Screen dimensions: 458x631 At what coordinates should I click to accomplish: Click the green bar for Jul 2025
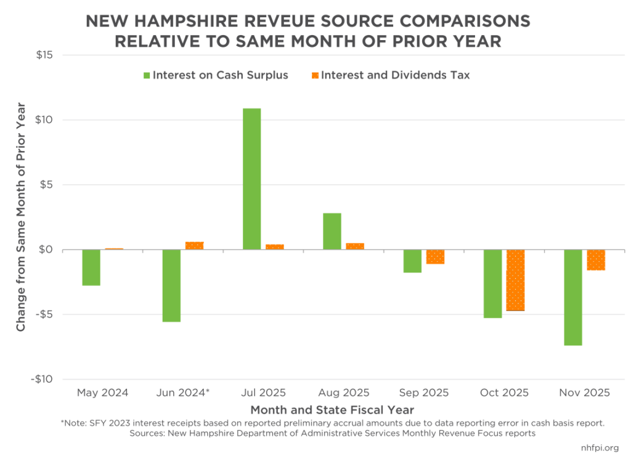pos(251,179)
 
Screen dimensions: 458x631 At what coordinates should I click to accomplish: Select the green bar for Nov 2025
pos(573,297)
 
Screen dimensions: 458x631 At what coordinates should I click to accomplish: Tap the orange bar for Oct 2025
pos(516,280)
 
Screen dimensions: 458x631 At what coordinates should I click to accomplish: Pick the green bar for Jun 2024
pos(171,285)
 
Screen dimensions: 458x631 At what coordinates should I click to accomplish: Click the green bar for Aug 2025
pos(332,231)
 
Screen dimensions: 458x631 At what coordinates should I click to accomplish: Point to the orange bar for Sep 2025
pos(435,256)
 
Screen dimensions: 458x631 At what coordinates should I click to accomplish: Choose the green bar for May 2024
pos(91,268)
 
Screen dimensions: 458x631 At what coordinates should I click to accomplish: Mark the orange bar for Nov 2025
pos(596,260)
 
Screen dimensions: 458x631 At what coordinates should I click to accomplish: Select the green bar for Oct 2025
pos(492,284)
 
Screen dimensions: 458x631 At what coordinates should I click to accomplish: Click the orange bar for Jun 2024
pos(195,245)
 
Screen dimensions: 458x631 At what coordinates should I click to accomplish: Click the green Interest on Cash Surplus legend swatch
pos(146,75)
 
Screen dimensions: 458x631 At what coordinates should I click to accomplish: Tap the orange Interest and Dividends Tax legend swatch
pos(315,75)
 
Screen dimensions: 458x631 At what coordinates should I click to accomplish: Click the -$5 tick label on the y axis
pos(43,314)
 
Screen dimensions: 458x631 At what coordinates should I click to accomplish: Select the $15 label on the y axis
pos(44,55)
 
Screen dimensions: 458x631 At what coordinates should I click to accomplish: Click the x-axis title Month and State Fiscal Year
pos(332,409)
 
